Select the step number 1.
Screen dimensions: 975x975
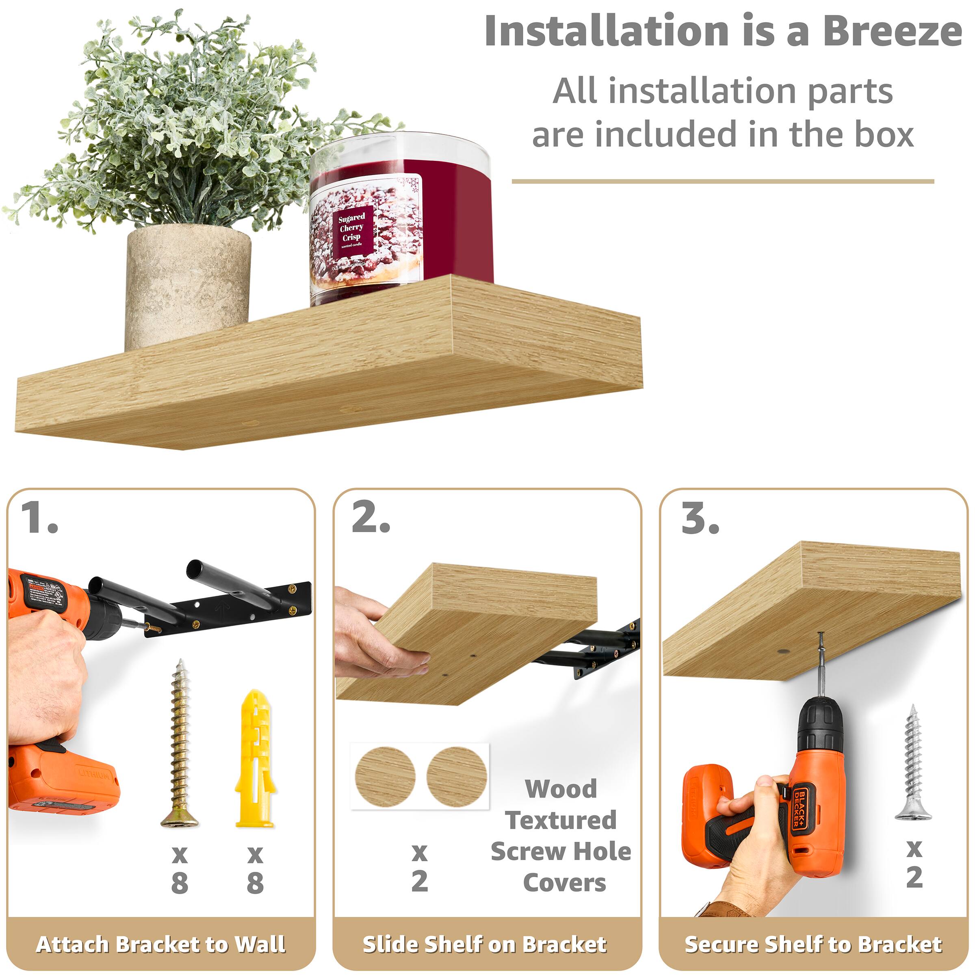39,518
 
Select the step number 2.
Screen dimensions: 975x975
371,518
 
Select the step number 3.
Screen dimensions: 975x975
700,518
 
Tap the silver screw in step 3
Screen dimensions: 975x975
913,763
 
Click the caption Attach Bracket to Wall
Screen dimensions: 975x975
160,944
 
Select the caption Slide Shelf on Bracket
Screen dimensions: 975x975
485,944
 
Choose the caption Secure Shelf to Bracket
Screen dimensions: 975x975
813,944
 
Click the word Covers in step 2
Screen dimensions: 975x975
565,883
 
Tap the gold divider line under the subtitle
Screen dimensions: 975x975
723,181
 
